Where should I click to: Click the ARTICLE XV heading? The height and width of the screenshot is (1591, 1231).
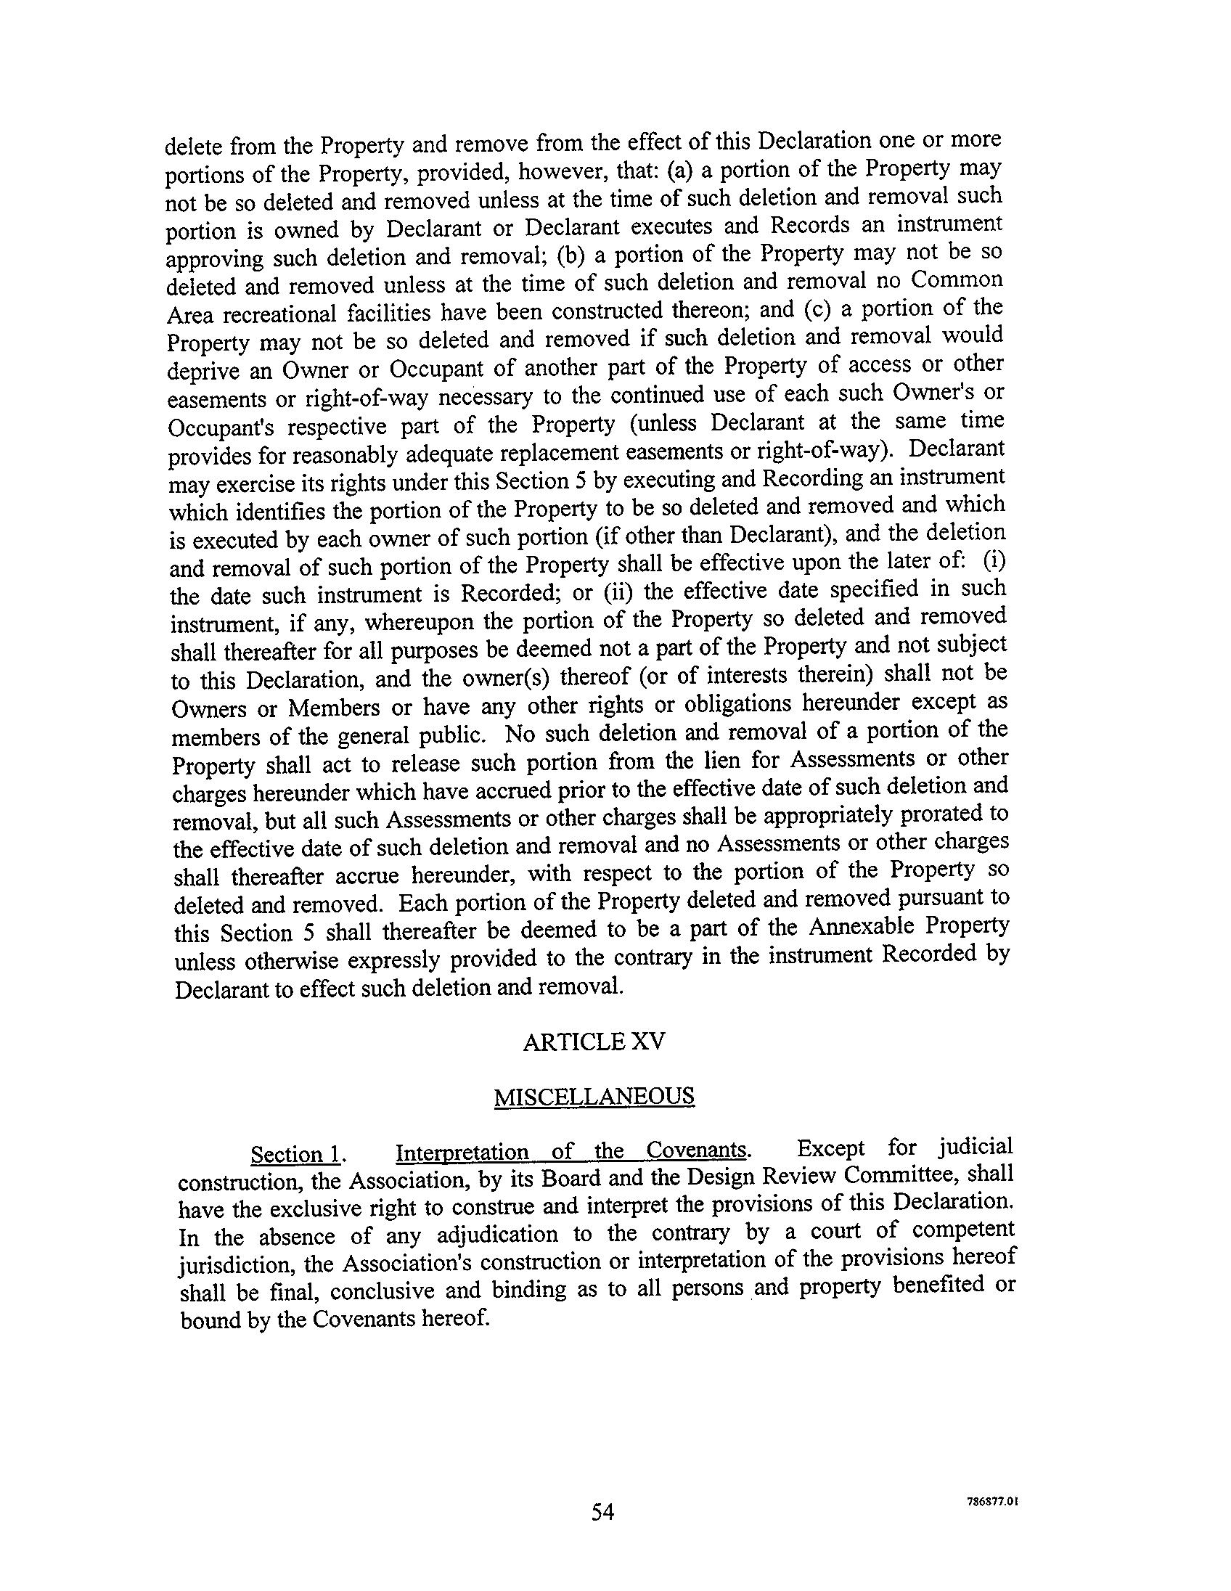tap(594, 1042)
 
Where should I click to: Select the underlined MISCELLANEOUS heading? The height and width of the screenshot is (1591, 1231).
tap(594, 1097)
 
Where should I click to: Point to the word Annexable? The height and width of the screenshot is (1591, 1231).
tap(861, 927)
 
